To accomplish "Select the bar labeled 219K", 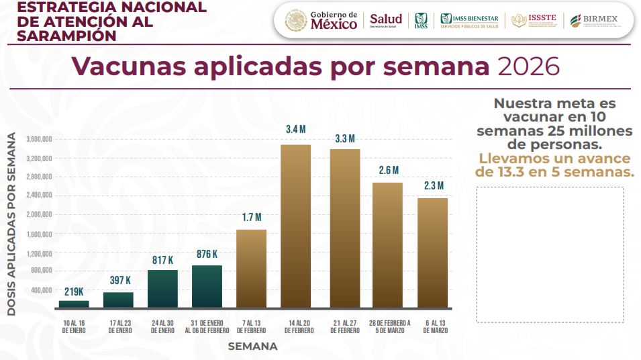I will click(74, 304).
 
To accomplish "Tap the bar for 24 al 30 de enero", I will click(162, 289).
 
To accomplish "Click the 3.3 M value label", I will click(344, 139).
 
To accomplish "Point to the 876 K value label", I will click(207, 255).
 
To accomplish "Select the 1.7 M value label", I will click(251, 217).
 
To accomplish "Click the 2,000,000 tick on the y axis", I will click(40, 214).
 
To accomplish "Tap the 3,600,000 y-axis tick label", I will click(40, 139).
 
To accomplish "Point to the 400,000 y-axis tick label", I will click(42, 290).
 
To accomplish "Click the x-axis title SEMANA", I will click(252, 347).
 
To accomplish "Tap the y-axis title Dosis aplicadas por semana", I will click(12, 224).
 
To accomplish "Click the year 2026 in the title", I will click(528, 66).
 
